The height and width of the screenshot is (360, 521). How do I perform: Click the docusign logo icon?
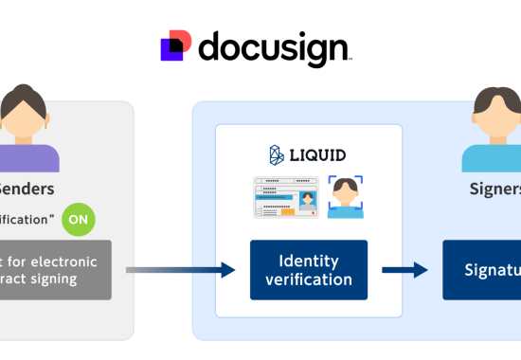[177, 46]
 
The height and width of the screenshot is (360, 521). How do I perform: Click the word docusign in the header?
[275, 47]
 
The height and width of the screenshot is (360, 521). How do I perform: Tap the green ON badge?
[80, 220]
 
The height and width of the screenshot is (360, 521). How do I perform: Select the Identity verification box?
[309, 269]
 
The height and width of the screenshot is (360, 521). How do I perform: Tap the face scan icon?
[346, 197]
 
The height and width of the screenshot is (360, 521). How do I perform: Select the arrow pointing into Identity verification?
[180, 270]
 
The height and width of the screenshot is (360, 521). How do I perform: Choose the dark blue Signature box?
[481, 269]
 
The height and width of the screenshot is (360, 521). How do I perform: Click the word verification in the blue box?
[309, 279]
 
